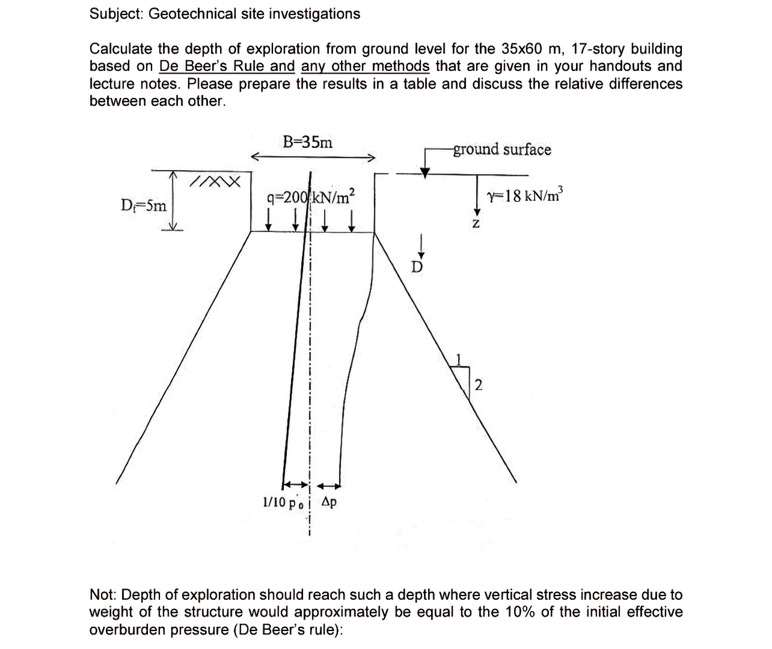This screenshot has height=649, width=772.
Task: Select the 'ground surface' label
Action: pos(502,149)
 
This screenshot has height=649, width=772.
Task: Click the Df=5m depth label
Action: pos(144,206)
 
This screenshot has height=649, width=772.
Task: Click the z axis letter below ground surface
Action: pos(476,224)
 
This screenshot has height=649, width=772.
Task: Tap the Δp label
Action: pos(329,502)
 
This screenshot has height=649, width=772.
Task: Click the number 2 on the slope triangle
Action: pos(478,385)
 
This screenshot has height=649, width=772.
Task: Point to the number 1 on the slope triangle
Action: pos(459,359)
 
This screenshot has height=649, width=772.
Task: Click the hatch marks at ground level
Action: pos(215,181)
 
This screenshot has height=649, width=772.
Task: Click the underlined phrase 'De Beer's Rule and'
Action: pos(227,66)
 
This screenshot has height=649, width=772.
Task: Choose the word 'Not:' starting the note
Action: pos(103,595)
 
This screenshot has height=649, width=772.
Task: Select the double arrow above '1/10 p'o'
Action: pos(295,484)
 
